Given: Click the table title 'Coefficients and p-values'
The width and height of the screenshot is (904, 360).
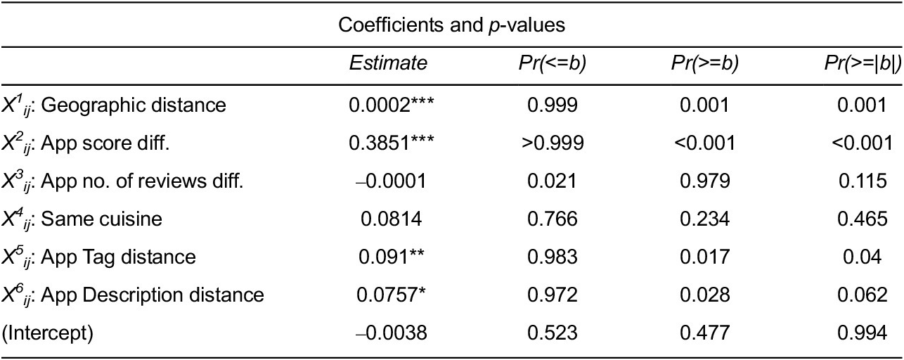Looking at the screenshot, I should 452,25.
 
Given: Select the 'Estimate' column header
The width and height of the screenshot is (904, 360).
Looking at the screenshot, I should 388,63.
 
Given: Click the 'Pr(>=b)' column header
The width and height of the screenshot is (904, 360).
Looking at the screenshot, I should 705,63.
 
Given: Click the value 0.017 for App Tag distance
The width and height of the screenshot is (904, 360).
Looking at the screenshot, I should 705,257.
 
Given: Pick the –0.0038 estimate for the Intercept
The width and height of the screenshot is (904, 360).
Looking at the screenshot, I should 388,333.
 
